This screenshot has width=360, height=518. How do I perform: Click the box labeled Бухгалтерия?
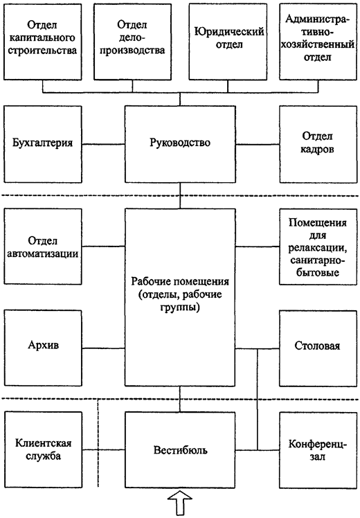click(x=43, y=143)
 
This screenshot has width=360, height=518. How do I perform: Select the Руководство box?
click(x=179, y=143)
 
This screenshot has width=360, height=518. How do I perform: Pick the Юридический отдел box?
click(x=227, y=42)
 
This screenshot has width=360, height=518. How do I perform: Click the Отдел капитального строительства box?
click(x=43, y=42)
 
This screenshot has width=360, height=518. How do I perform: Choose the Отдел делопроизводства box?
click(x=136, y=42)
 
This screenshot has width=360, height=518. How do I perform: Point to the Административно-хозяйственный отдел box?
click(x=318, y=42)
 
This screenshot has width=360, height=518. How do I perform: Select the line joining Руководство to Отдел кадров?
click(x=256, y=144)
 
